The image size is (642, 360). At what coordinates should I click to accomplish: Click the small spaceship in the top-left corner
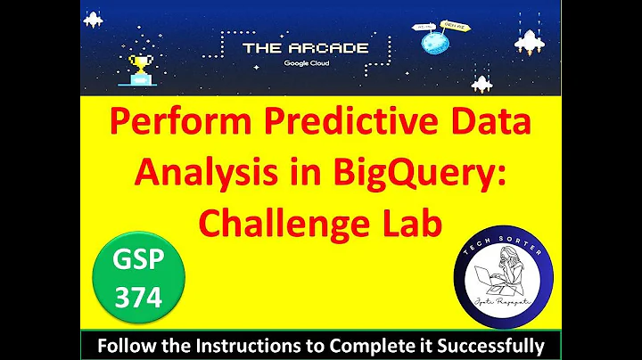point(92,19)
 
